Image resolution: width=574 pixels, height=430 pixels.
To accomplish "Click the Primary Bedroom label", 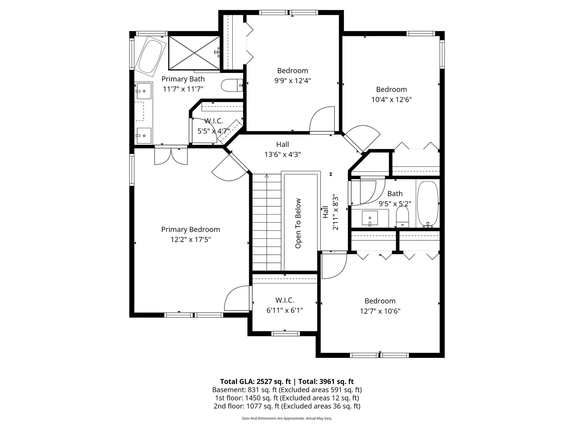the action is [191, 229].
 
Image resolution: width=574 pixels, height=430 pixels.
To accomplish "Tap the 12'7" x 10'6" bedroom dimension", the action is [380, 311].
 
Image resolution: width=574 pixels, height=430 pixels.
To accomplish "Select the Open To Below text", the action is [298, 223].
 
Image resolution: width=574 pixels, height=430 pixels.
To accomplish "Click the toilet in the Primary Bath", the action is [232, 85].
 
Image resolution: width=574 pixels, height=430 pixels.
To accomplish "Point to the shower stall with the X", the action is [194, 53].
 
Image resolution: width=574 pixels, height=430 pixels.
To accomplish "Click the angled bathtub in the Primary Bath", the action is [150, 57].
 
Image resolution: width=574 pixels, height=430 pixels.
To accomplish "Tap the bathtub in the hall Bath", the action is [428, 204].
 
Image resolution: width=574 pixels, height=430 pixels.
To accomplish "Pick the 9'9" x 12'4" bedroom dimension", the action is [292, 81].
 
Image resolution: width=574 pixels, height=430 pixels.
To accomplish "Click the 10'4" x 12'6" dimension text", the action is [391, 100].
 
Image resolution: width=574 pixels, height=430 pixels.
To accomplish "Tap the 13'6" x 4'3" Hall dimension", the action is [283, 154].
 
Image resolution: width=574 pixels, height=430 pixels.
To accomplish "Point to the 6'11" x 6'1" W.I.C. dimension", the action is [285, 311].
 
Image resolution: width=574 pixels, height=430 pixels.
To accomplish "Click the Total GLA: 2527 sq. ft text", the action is [256, 382].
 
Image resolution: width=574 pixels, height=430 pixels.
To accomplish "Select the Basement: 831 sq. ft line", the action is [287, 390].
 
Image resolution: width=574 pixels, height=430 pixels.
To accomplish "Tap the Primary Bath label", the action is [183, 79].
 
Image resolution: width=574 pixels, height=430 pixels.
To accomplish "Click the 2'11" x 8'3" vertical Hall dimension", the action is [336, 212].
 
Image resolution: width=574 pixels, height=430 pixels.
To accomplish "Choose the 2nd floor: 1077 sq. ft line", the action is [287, 406].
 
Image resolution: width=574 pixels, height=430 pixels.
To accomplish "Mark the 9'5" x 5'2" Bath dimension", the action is [395, 203].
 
